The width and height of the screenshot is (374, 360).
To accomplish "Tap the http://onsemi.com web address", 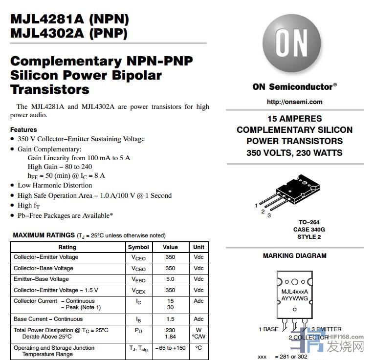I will [x=294, y=102].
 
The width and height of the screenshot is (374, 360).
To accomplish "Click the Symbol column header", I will [x=138, y=247].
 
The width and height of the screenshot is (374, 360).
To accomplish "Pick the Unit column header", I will [x=198, y=247].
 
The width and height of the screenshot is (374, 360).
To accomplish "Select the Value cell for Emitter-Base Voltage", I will [x=170, y=279].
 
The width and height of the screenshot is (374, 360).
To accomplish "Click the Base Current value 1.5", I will [x=170, y=319].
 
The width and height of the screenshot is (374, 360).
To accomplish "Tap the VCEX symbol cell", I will [x=138, y=291].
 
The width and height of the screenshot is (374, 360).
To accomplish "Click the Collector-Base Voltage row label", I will [x=44, y=268].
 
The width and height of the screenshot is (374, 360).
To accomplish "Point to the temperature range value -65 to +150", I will [x=170, y=348].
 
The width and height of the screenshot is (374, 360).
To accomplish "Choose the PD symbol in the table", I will [x=138, y=331].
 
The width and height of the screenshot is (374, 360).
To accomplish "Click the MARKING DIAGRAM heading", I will [x=294, y=255].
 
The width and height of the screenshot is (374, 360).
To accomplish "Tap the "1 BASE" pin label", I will [x=268, y=329].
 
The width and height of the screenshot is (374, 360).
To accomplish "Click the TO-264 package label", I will [x=309, y=222].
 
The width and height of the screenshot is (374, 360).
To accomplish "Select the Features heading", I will [x=23, y=129].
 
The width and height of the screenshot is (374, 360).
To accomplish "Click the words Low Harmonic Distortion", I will [x=55, y=185].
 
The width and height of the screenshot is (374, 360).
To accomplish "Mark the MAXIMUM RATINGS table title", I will [x=44, y=235].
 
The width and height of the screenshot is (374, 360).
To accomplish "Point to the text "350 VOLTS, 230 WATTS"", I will [x=294, y=152].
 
